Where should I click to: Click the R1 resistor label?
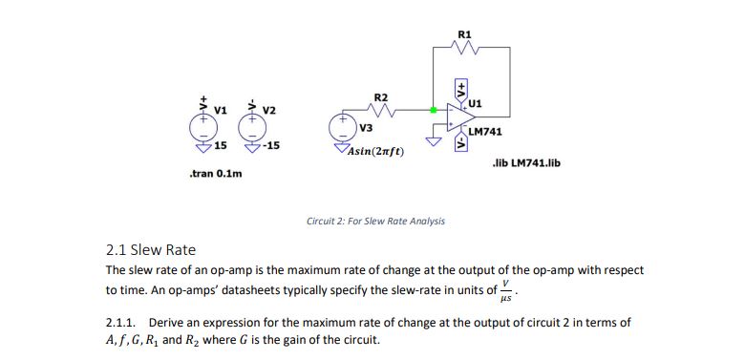(x=464, y=35)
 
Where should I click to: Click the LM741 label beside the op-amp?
(x=486, y=132)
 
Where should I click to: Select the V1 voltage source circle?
(x=202, y=125)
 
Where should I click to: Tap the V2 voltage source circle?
(x=254, y=125)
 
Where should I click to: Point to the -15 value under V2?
(x=271, y=146)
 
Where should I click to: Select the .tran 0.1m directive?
(x=216, y=175)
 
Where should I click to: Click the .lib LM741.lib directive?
(x=525, y=163)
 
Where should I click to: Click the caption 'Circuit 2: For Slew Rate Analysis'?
(x=375, y=221)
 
